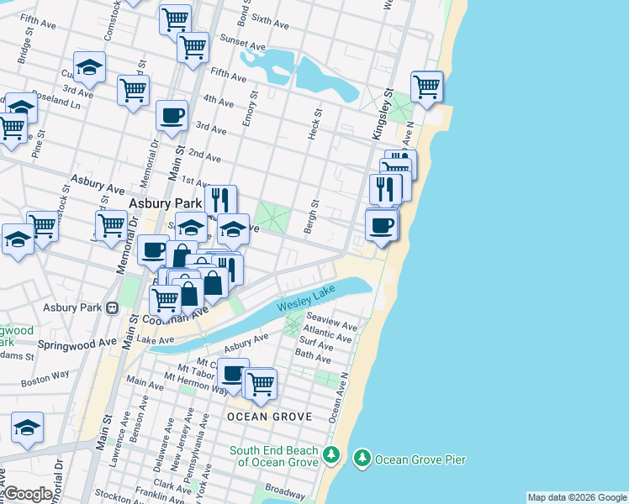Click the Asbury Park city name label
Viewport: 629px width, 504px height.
click(x=165, y=204)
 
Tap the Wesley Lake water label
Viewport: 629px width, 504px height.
click(x=307, y=300)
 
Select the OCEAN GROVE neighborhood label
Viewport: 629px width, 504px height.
click(x=270, y=417)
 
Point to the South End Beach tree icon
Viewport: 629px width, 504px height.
click(x=332, y=456)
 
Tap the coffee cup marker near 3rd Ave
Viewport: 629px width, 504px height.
click(x=172, y=115)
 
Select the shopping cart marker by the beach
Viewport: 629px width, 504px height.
click(x=427, y=86)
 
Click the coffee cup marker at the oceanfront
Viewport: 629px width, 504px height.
click(x=382, y=224)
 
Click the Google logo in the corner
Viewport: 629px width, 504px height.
click(x=28, y=494)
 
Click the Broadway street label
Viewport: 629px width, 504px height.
click(x=286, y=490)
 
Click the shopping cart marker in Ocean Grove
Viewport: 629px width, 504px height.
click(x=261, y=383)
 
